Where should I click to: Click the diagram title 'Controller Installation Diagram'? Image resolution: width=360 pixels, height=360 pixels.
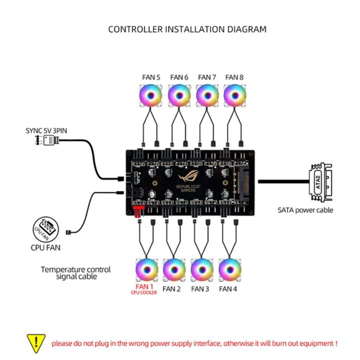tap(187, 29)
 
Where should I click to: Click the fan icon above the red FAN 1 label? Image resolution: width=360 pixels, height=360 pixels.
tap(147, 270)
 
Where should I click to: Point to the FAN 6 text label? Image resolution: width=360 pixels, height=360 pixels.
tap(179, 77)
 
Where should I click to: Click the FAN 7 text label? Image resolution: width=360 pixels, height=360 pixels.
tap(207, 77)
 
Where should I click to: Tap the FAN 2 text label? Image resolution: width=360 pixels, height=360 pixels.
tap(171, 289)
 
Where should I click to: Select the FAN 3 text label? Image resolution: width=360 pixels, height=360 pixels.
tap(200, 289)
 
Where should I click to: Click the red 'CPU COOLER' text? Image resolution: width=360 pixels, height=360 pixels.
tap(144, 293)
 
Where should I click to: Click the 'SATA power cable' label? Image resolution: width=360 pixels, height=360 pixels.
tap(305, 210)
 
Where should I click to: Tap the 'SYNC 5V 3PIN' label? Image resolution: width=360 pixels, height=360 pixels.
tap(46, 130)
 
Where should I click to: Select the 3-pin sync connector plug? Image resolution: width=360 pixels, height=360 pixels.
tap(50, 140)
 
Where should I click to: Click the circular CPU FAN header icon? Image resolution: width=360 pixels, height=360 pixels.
tap(42, 227)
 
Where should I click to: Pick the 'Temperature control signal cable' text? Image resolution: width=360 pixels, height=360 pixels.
tap(75, 273)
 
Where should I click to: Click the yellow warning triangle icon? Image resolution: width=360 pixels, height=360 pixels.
tap(35, 342)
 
